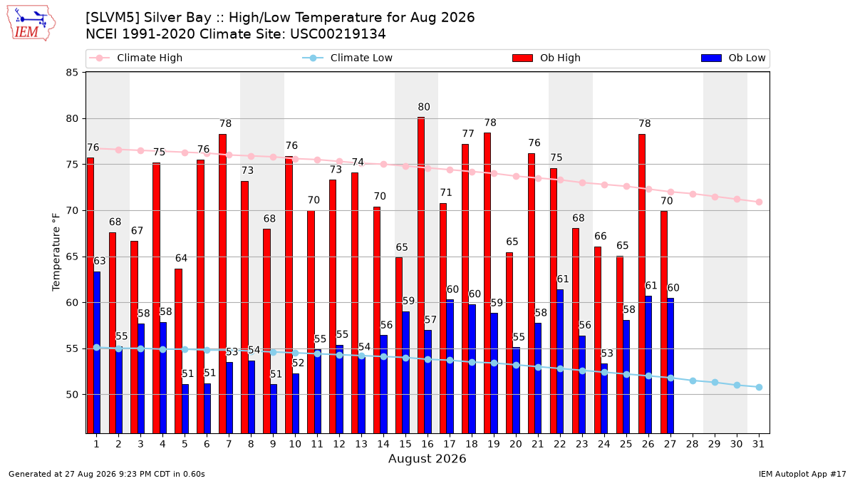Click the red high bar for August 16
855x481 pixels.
click(x=421, y=275)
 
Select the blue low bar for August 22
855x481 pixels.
click(x=560, y=361)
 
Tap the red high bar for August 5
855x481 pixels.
click(x=178, y=351)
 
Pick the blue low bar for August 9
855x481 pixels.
click(x=274, y=409)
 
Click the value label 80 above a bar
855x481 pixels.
click(x=424, y=107)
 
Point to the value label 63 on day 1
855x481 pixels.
click(x=100, y=261)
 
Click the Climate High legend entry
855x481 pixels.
click(x=136, y=58)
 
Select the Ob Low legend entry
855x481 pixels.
click(x=733, y=58)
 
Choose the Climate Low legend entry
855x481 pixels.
click(x=348, y=58)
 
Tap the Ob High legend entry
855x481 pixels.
click(x=546, y=58)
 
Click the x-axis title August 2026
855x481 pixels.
click(x=427, y=458)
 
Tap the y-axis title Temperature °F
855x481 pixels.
click(x=56, y=252)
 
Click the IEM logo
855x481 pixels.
click(x=31, y=24)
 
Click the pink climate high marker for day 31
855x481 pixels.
click(x=759, y=202)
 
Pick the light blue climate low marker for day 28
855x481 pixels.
click(x=693, y=381)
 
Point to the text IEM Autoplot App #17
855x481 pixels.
click(x=802, y=474)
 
